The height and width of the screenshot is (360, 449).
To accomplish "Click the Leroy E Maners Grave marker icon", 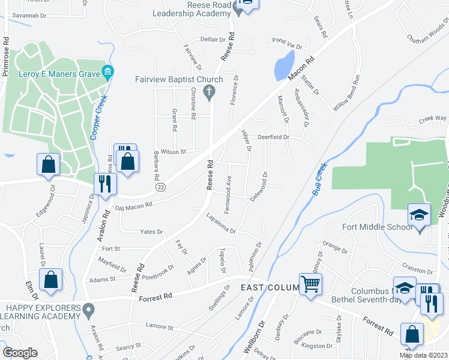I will tap(107, 73).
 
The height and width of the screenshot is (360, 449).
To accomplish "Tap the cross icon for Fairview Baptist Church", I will tap(209, 92).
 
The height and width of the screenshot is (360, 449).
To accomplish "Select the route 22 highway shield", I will tap(160, 187).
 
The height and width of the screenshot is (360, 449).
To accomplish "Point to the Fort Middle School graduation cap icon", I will tap(419, 214).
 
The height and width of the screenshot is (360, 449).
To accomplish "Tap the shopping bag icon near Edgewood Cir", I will tap(48, 164).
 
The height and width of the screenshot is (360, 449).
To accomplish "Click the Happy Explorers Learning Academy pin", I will tap(89, 311).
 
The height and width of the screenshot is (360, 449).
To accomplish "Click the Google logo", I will tap(20, 353).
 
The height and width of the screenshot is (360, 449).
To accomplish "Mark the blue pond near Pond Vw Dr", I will tap(283, 65).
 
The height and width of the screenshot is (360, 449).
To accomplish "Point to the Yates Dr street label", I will tap(151, 232).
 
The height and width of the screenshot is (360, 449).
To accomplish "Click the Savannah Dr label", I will tap(29, 14).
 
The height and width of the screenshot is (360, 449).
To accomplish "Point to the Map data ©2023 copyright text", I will tap(423, 355).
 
